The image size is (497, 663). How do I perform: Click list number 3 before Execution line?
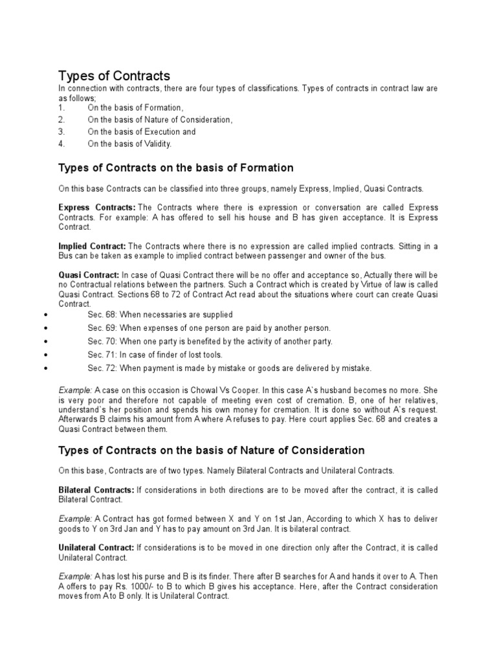tap(61, 131)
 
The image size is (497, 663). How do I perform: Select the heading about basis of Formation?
tap(176, 168)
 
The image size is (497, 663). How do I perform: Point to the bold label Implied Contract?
tap(93, 246)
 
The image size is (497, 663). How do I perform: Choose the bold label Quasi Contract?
tap(89, 276)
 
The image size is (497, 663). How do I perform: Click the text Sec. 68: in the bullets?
tap(102, 314)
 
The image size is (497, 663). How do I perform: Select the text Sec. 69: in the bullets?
tap(102, 328)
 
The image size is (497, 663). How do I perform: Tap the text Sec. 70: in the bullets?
tap(102, 341)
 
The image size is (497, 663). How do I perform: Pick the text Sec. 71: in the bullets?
tap(102, 355)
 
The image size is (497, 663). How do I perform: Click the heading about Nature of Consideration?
tap(212, 450)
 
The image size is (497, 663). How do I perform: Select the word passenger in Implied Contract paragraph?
tap(315, 256)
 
